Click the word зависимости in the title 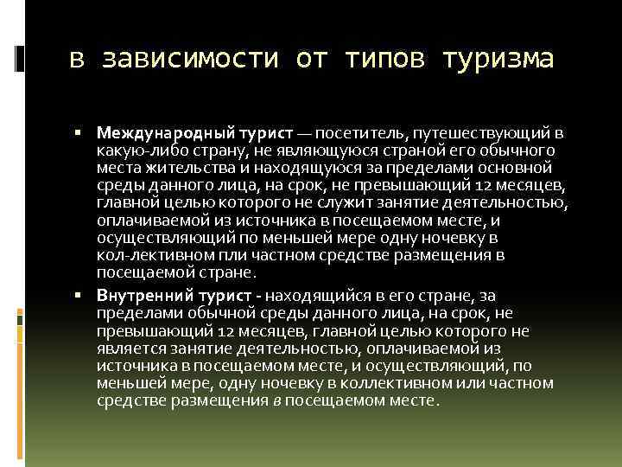191,60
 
